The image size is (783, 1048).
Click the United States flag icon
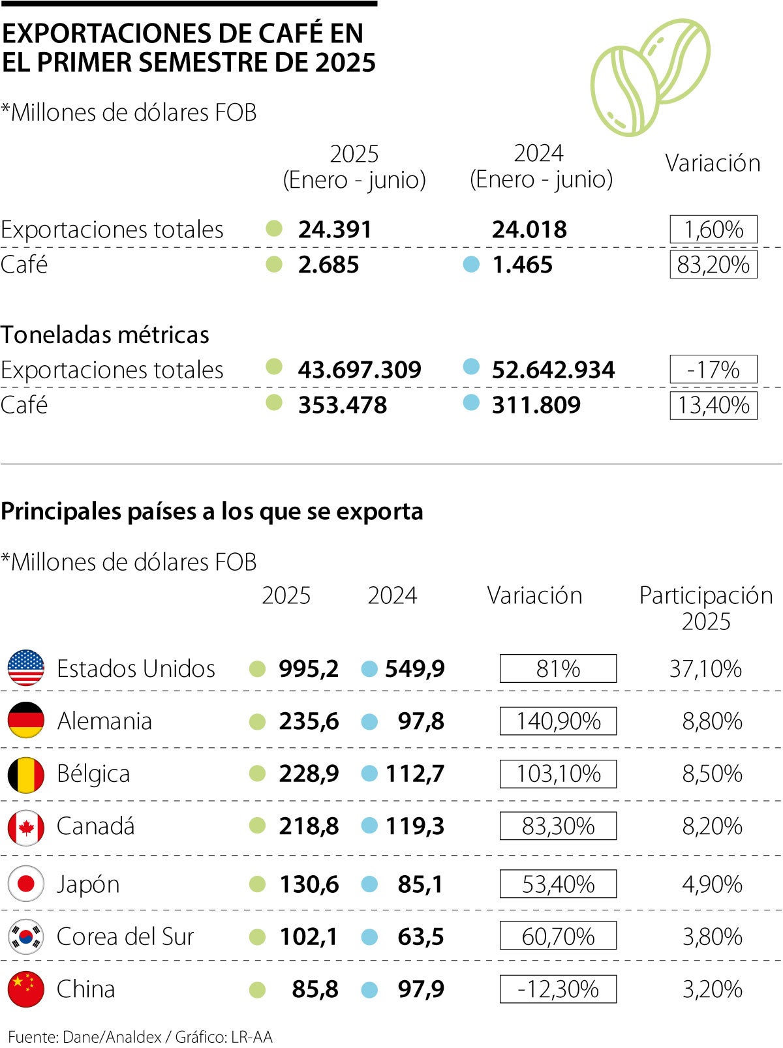tap(26, 668)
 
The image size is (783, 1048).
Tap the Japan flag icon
tap(26, 884)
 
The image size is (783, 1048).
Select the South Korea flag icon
tap(26, 936)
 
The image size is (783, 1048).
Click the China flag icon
tap(26, 989)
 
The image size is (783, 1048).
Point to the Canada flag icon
tap(26, 826)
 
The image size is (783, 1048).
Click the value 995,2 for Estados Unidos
tap(309, 668)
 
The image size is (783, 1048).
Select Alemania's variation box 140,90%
tap(558, 721)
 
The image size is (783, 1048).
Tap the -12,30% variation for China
tap(558, 989)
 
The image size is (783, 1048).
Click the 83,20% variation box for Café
tap(713, 265)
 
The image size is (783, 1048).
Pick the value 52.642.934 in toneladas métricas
tap(553, 370)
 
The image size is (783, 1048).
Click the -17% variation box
tap(713, 370)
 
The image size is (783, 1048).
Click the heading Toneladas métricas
tap(105, 335)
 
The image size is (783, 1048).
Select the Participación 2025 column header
tap(706, 608)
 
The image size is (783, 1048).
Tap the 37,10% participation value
tap(705, 668)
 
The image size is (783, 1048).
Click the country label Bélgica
tap(93, 774)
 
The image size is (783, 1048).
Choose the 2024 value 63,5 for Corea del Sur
tap(421, 936)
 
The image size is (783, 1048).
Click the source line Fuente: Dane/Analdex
tap(140, 1036)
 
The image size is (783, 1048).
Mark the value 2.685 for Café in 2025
tap(328, 265)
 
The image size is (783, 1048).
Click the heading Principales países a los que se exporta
tap(212, 511)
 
